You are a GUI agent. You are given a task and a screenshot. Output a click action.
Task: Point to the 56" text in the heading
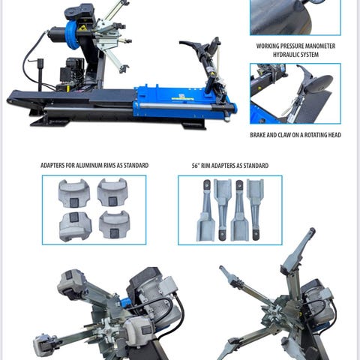(x=196, y=166)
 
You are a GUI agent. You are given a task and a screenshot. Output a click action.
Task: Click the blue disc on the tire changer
(x=72, y=35)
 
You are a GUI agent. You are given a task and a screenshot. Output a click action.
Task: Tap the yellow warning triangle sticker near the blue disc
(x=82, y=28)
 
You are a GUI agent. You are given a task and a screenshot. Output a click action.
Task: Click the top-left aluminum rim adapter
(x=74, y=193)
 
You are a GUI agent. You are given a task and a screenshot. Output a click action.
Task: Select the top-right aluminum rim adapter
(x=112, y=192)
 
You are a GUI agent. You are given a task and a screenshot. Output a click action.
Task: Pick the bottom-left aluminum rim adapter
(x=75, y=226)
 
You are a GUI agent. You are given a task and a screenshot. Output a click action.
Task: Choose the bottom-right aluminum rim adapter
(x=114, y=224)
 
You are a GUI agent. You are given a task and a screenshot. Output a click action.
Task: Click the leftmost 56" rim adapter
(x=206, y=211)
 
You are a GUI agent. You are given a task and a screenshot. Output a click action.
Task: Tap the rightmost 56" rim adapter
(x=254, y=209)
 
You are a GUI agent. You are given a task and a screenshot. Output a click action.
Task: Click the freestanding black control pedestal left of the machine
(x=40, y=74)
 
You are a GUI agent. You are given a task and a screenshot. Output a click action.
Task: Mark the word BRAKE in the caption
(x=257, y=135)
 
